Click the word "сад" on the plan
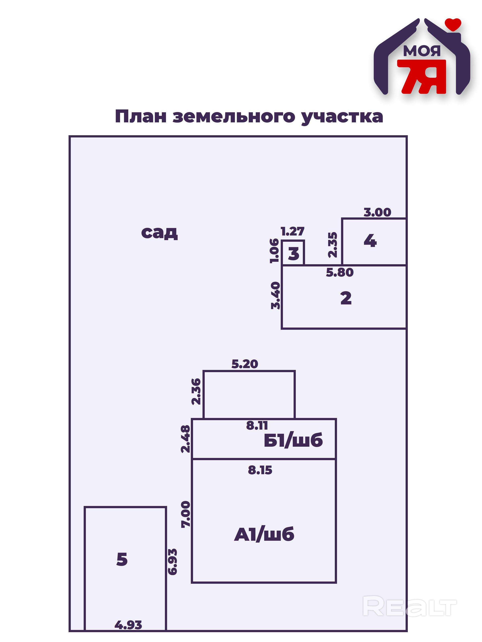159,232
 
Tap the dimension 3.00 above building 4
377,212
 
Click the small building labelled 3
293,253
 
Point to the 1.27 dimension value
292,231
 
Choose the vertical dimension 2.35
333,245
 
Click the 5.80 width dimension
339,272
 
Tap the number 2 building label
346,298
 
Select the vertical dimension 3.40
275,295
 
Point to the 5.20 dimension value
245,364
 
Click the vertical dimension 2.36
196,391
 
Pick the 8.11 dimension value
257,425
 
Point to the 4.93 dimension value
128,625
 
